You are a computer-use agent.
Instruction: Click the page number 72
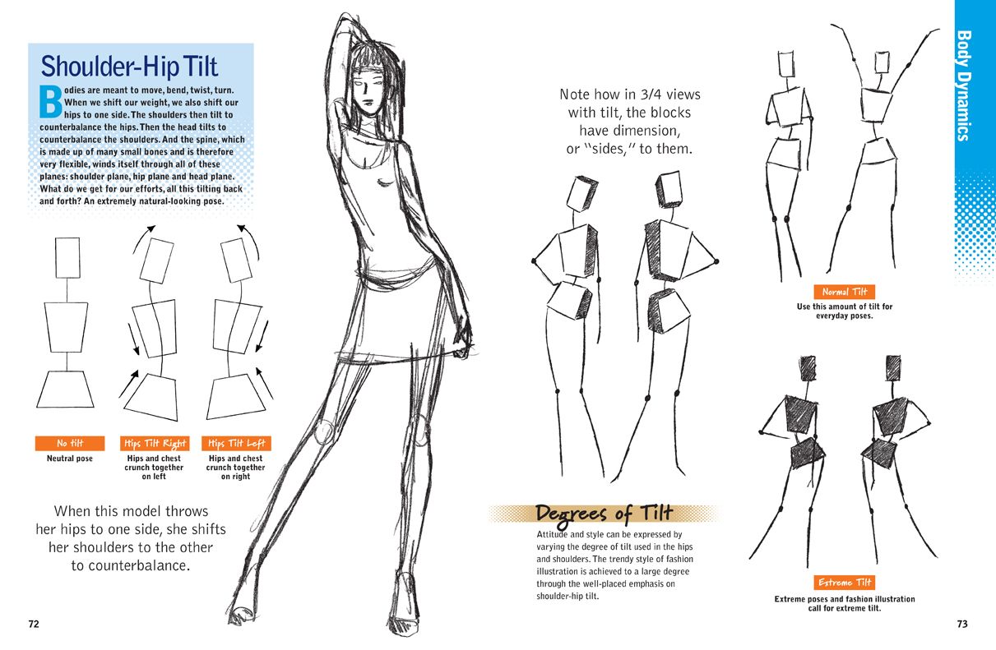tap(34, 624)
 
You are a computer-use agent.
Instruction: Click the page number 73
tap(962, 624)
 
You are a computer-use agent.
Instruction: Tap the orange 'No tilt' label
tap(70, 444)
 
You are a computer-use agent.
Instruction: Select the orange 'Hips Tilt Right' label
tap(155, 444)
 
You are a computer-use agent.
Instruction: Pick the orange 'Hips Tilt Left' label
tap(237, 444)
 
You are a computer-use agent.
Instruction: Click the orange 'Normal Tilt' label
tap(845, 292)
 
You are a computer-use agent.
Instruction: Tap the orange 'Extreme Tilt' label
tap(845, 583)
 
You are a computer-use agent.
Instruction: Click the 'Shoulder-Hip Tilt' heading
tap(129, 67)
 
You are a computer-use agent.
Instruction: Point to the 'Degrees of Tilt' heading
tap(604, 514)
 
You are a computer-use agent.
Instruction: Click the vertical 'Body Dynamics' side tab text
tap(964, 85)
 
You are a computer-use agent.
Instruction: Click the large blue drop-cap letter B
tap(51, 101)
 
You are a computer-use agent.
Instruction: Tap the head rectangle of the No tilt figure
tap(67, 258)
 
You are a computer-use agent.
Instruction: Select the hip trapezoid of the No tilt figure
tap(65, 390)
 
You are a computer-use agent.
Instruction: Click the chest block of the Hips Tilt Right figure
tap(155, 329)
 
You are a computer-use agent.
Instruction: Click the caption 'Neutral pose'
tap(70, 459)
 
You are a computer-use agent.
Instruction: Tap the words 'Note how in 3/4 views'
tap(630, 95)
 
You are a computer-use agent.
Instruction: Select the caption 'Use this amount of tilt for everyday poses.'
tap(845, 311)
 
